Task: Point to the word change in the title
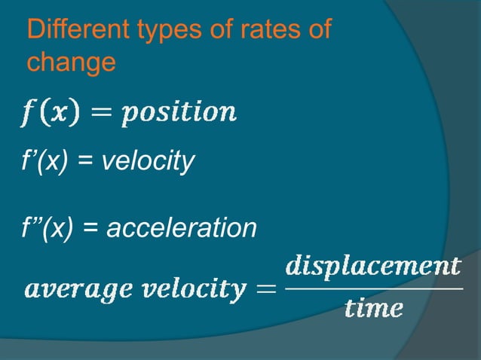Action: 71,63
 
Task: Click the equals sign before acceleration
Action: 95,227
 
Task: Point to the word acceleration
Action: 182,226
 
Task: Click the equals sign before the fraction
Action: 267,288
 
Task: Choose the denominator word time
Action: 373,309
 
